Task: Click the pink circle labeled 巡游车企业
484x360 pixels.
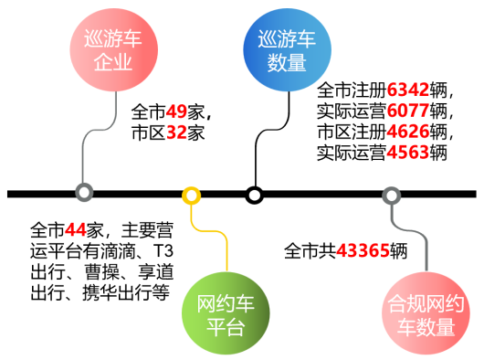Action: click(113, 51)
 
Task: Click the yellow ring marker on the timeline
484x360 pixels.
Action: click(191, 195)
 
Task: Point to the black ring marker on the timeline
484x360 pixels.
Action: click(255, 195)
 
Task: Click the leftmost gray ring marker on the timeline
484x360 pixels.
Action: click(84, 194)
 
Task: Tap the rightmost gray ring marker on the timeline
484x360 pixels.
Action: click(391, 195)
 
